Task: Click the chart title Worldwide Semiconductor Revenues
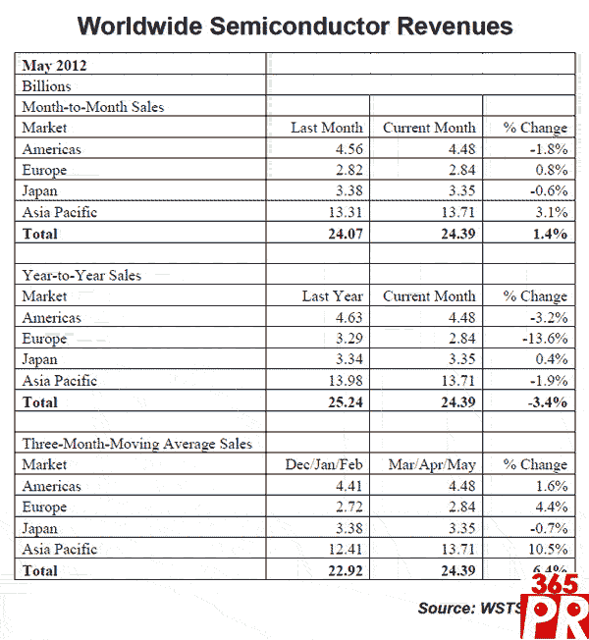tap(295, 25)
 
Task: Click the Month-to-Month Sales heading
tap(93, 107)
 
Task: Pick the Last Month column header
tap(326, 128)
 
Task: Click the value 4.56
tap(346, 149)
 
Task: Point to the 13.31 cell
tap(343, 212)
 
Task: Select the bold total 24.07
tap(342, 234)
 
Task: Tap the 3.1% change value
tap(549, 212)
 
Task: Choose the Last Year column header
tap(332, 296)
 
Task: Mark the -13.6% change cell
tap(543, 339)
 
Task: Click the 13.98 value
tap(343, 381)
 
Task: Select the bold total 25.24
tap(342, 402)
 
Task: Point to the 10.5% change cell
tap(546, 550)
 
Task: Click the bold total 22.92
tap(342, 570)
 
